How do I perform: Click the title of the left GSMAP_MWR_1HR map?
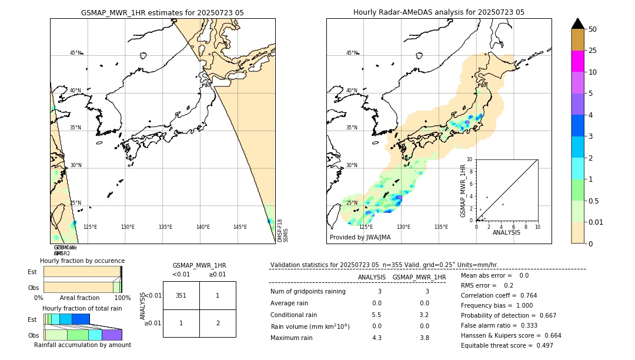point(162,12)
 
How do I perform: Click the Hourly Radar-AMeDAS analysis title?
point(439,12)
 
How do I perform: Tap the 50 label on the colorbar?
point(593,29)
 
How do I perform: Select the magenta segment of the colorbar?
point(577,61)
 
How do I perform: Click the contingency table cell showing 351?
point(181,295)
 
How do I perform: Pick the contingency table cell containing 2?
point(218,323)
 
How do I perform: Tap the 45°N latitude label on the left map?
point(76,53)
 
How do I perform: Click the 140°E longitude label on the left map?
point(203,226)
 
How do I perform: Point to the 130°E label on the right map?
point(403,226)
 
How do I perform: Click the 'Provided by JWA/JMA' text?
point(360,237)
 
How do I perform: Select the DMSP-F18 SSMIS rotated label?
point(283,231)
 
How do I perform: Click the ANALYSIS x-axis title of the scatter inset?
point(506,233)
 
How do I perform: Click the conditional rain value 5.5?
point(376,315)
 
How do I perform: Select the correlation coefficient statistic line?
point(499,295)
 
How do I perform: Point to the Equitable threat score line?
point(507,345)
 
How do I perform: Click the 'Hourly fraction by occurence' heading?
point(82,261)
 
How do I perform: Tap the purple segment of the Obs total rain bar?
point(112,335)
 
